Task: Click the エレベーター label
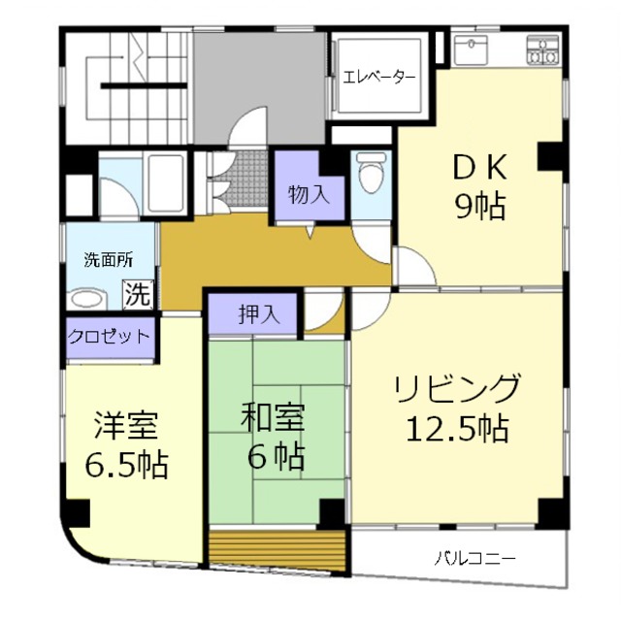[378, 77]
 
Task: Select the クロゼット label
[110, 337]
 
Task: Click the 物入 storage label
[309, 193]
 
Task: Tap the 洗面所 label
[108, 259]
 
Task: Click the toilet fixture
[369, 176]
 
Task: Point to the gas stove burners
[543, 48]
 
